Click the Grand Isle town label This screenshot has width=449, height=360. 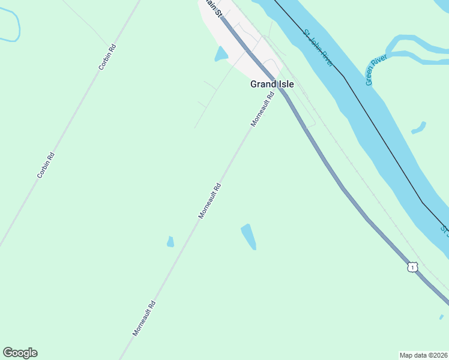point(272,85)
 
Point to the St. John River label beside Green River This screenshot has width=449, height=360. point(318,47)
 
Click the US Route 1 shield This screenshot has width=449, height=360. point(412,266)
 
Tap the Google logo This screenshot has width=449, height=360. point(20,353)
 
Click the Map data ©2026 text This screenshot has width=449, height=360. point(423,355)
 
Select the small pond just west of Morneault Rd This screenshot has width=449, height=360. point(170,242)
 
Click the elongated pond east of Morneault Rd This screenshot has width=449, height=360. point(249,236)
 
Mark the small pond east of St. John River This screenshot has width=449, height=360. point(419,128)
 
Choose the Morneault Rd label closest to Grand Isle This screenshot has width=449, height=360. point(262,109)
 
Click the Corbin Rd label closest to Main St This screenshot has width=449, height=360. point(107,58)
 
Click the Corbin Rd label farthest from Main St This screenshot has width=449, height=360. point(46,165)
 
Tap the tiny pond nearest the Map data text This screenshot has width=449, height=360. point(441,317)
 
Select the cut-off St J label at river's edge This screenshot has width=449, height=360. point(444,229)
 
